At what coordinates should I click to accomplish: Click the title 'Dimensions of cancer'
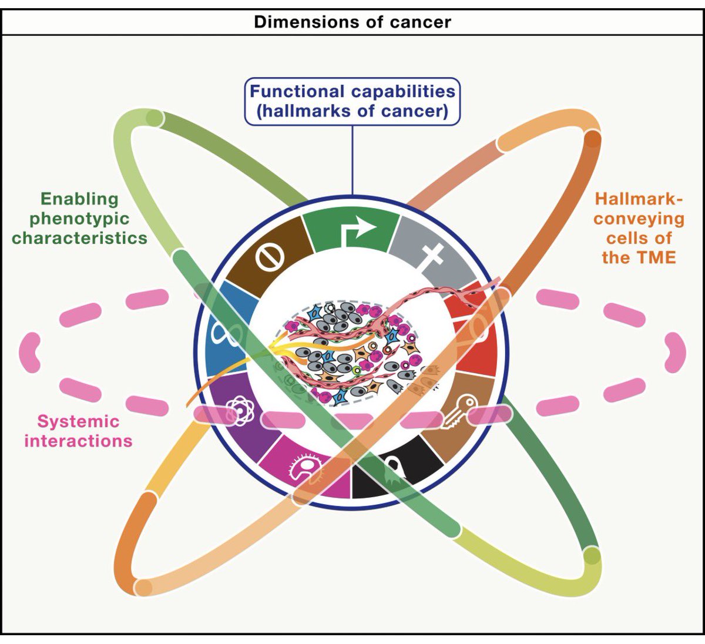pyautogui.click(x=352, y=22)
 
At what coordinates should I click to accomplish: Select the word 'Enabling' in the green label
pyautogui.click(x=79, y=199)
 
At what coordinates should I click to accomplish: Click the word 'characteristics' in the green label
pyautogui.click(x=79, y=238)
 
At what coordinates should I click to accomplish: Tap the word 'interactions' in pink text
pyautogui.click(x=78, y=441)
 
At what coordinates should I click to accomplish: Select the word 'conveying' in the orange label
pyautogui.click(x=639, y=219)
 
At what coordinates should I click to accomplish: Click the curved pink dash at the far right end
pyautogui.click(x=676, y=353)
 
